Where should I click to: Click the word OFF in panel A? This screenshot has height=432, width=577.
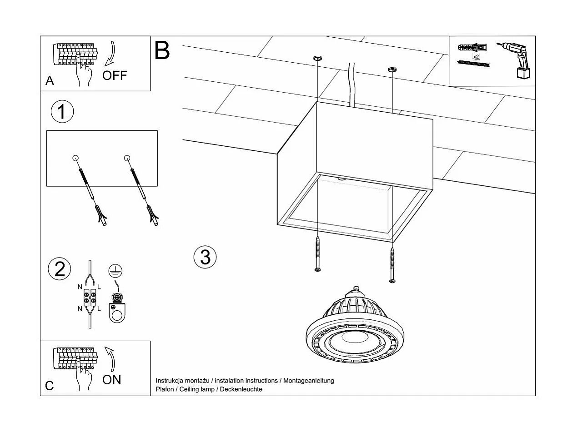point(115,75)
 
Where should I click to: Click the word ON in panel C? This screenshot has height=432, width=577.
point(112,380)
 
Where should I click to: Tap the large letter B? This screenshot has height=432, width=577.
point(162,50)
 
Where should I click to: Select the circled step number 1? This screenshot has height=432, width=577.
point(62,112)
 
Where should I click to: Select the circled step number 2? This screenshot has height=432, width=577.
point(60,269)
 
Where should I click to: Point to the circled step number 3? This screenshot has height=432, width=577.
point(205,257)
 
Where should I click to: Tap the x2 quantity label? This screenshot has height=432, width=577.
point(476,57)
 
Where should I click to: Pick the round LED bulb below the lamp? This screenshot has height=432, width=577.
point(356,329)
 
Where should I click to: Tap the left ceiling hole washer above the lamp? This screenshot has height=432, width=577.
point(317,58)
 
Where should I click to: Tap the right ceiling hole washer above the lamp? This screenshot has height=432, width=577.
point(391,70)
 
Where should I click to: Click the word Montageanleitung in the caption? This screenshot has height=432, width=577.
point(309,381)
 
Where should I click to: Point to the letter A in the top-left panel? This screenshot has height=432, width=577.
point(50,81)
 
